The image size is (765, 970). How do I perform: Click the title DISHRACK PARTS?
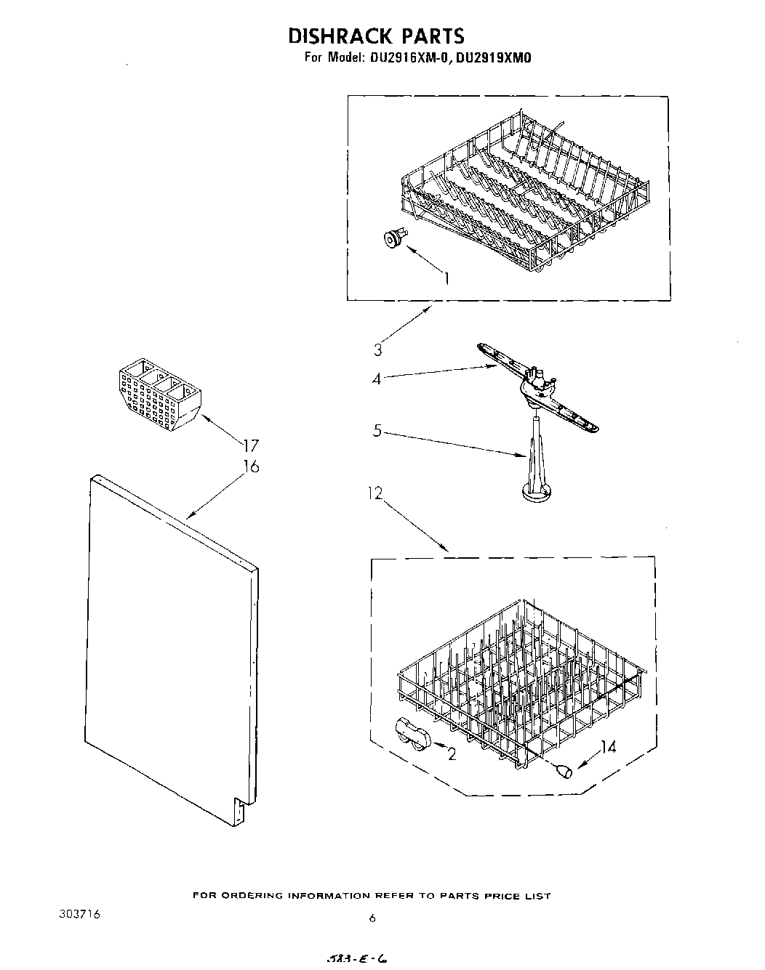tap(376, 36)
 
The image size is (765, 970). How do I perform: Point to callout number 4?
tap(377, 379)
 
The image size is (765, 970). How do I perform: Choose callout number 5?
tap(377, 431)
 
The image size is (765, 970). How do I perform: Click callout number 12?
tap(375, 494)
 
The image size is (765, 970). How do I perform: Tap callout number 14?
tap(608, 745)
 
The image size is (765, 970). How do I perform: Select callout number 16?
tap(251, 466)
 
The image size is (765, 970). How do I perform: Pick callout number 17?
tap(251, 445)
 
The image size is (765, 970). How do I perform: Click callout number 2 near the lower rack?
tap(452, 754)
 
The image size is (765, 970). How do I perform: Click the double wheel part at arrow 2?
tap(414, 733)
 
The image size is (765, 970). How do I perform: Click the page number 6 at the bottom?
tap(372, 918)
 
